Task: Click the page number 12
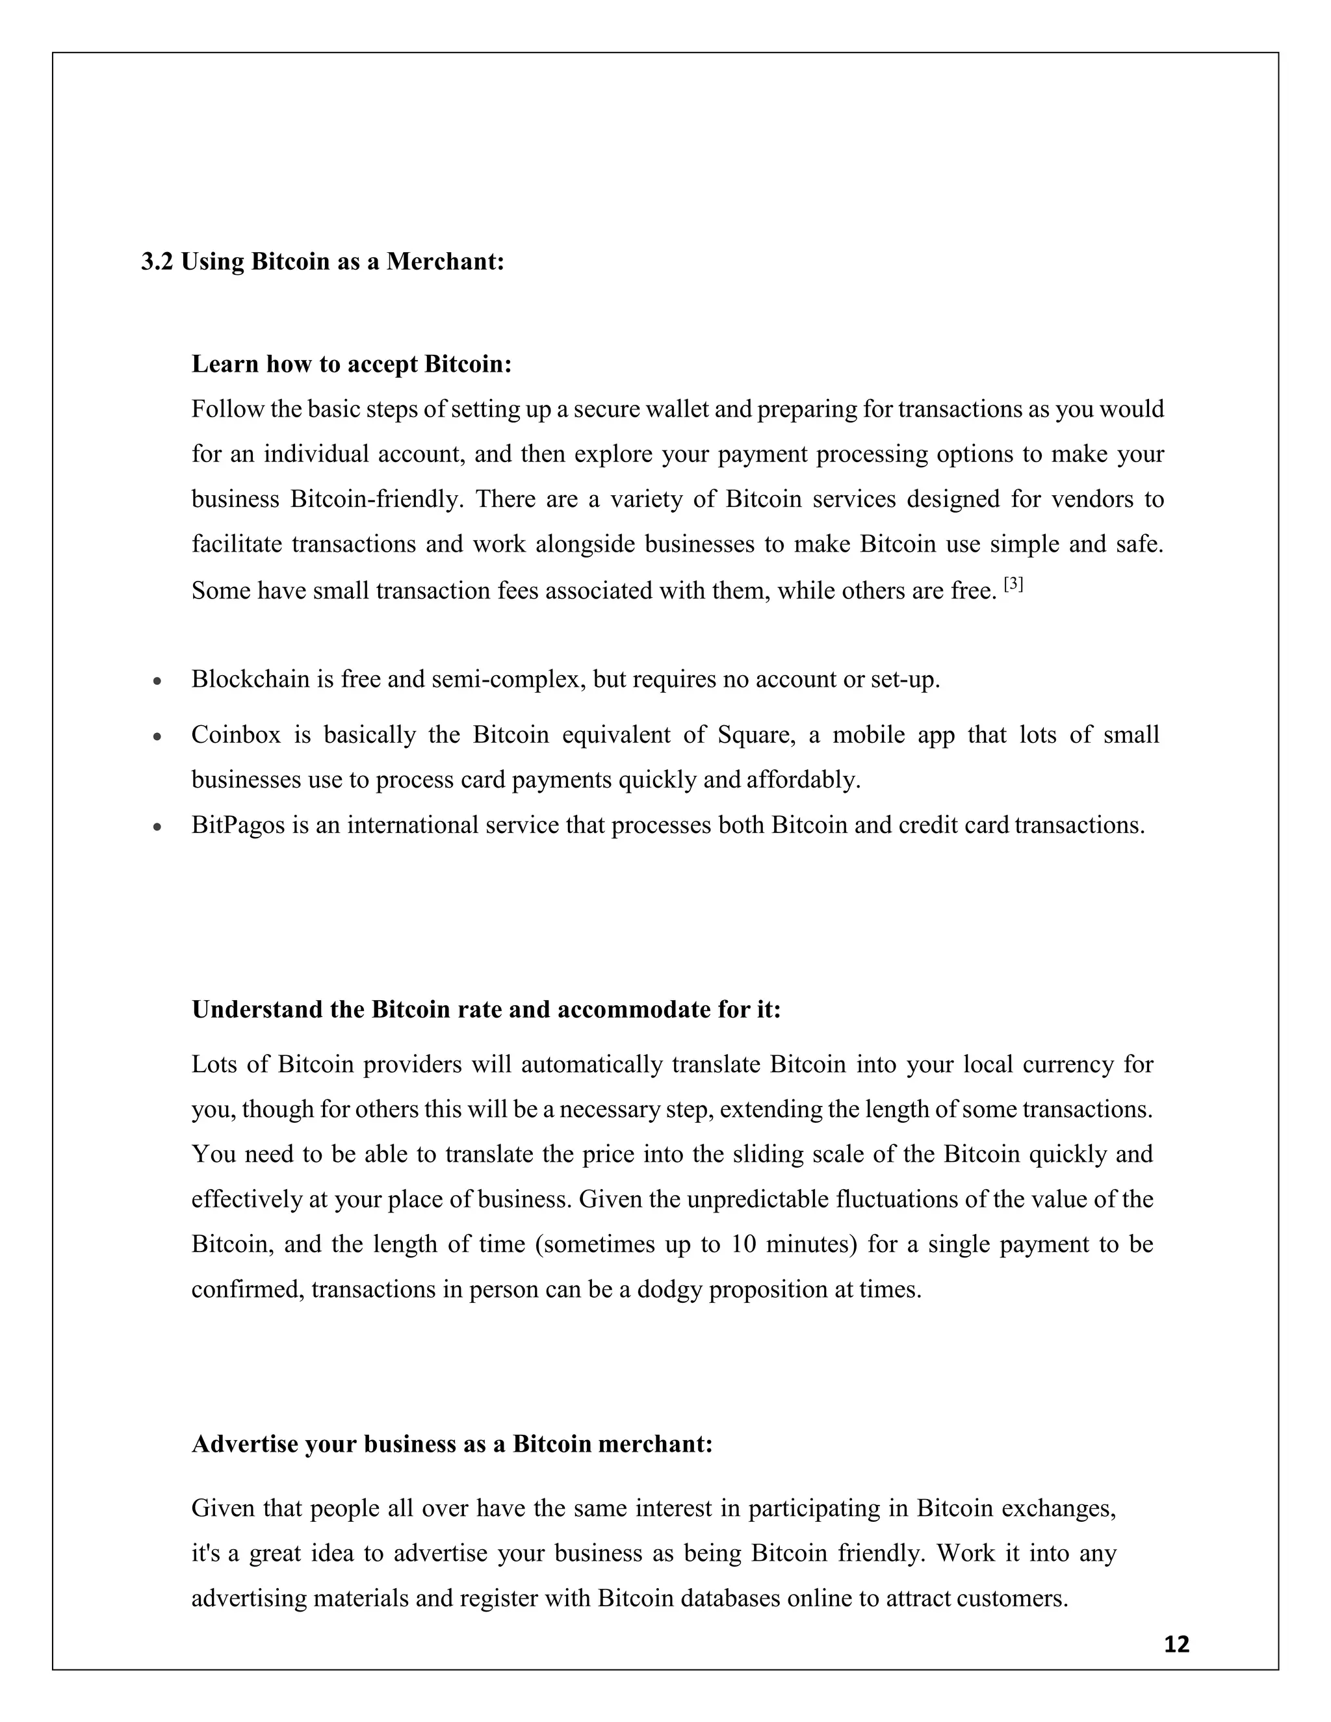click(1176, 1643)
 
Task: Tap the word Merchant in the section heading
click(445, 261)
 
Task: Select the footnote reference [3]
click(1013, 585)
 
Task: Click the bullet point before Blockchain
click(158, 680)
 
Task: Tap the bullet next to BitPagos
click(158, 827)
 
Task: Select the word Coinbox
click(236, 735)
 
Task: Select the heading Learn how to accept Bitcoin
click(352, 365)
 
